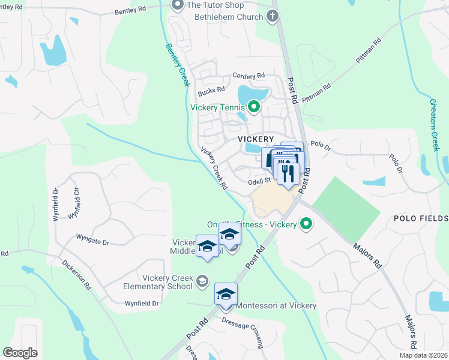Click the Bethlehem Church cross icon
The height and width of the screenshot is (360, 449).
click(273, 16)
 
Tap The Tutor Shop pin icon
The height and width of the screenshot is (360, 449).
click(177, 5)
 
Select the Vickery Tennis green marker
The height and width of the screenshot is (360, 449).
click(253, 107)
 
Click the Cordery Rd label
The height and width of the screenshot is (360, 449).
click(249, 76)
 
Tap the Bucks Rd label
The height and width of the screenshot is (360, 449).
click(211, 91)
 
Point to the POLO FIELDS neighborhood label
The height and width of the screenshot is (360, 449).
click(420, 218)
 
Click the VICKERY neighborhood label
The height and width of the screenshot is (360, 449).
click(256, 139)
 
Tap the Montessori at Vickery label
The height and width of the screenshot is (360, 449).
click(276, 305)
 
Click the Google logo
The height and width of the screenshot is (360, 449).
click(20, 353)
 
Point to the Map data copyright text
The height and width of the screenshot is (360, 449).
click(423, 355)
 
